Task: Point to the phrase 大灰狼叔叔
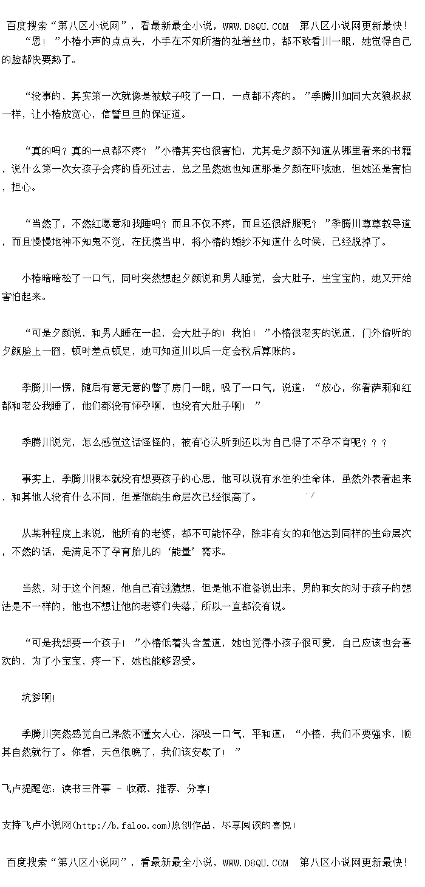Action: (387, 96)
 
